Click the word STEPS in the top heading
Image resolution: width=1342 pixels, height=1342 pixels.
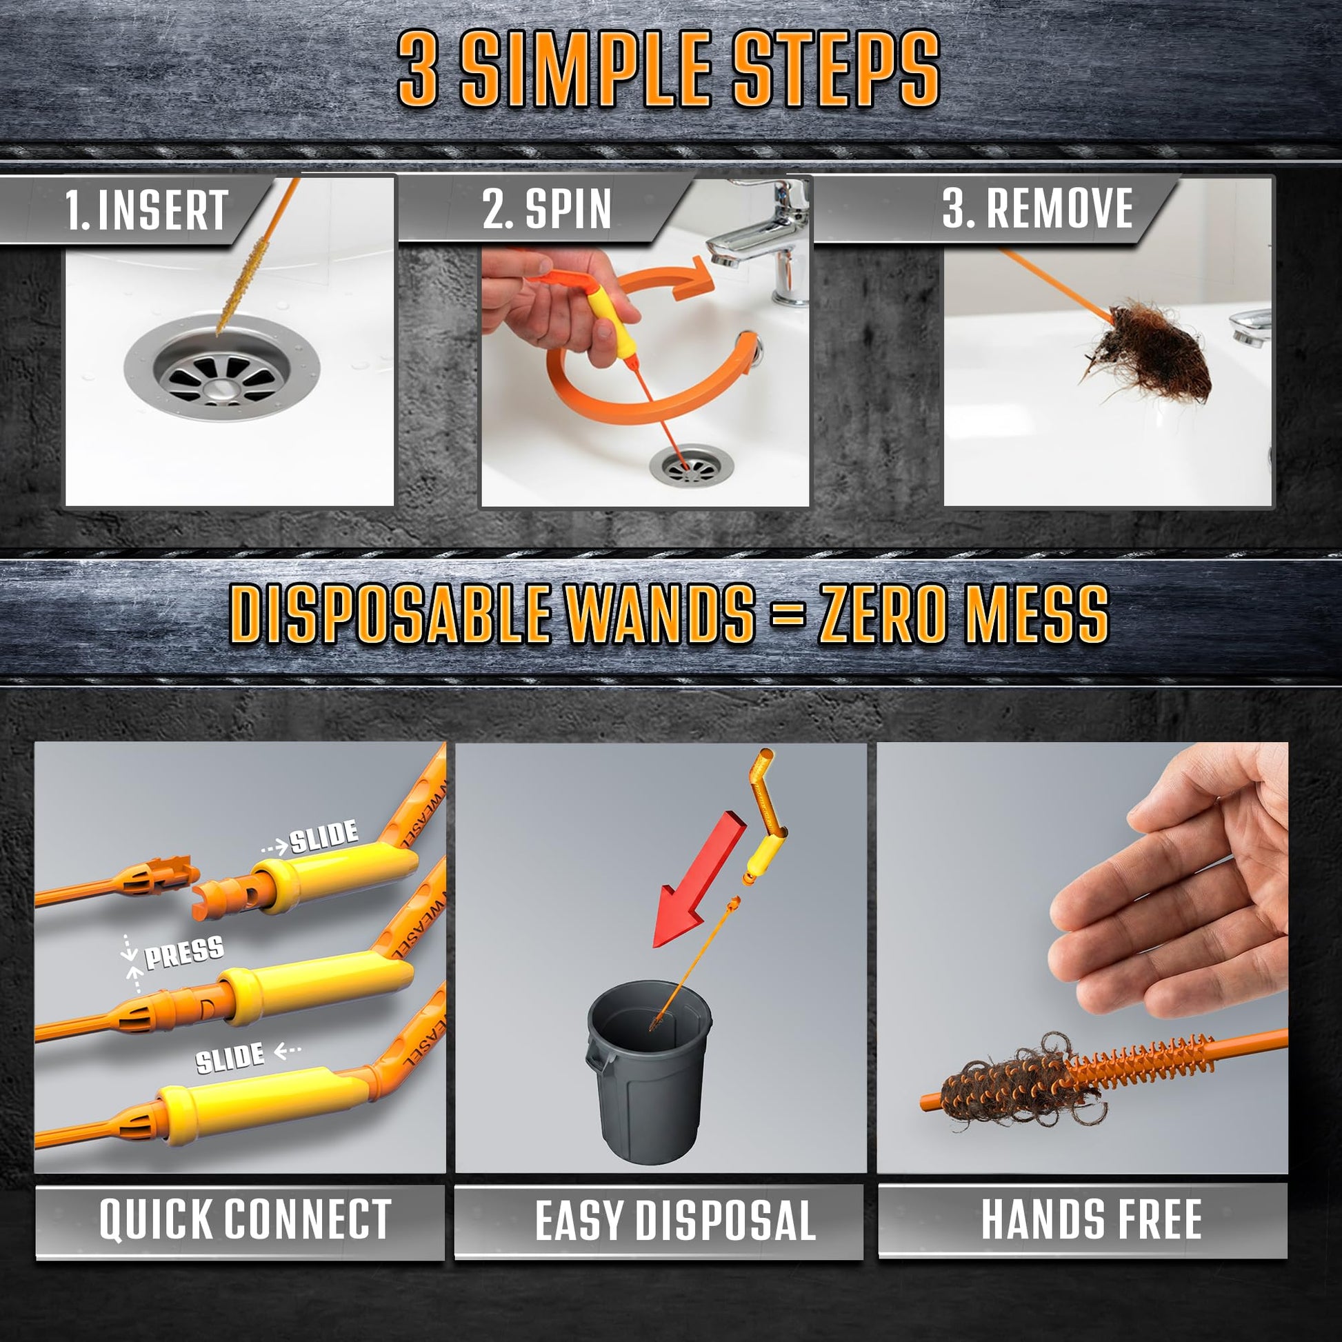click(836, 70)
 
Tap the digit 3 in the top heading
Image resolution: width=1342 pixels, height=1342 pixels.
click(417, 70)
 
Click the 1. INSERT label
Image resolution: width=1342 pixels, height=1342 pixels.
click(146, 209)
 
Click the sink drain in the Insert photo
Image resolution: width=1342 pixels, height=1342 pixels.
click(221, 368)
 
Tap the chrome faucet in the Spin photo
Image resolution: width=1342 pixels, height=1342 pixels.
click(761, 240)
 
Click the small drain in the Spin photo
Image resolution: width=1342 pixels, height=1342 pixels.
click(692, 465)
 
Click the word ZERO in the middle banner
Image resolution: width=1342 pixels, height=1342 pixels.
click(881, 613)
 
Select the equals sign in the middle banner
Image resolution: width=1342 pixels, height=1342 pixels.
click(787, 614)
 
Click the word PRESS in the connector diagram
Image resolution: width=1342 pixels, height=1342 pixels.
click(184, 952)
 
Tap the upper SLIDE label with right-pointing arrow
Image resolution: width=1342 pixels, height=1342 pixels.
click(310, 839)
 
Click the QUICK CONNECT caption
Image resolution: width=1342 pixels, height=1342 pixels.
click(246, 1219)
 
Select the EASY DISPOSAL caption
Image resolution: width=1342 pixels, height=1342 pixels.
click(674, 1221)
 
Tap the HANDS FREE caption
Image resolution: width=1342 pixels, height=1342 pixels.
click(1091, 1219)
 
